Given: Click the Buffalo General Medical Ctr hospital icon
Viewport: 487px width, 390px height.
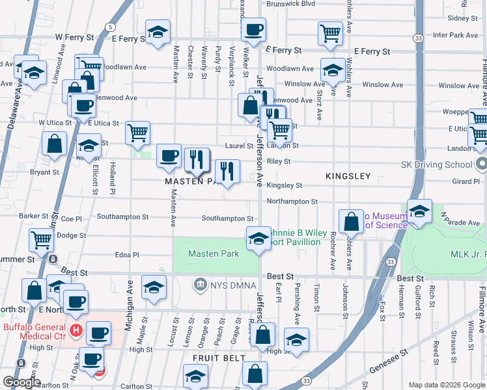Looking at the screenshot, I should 76,330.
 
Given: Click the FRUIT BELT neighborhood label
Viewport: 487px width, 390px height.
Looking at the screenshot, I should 218,358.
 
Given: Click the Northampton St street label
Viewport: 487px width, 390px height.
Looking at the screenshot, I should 292,202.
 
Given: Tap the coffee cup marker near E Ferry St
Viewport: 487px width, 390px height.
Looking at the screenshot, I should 254,29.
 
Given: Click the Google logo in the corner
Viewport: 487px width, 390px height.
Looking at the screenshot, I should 21,382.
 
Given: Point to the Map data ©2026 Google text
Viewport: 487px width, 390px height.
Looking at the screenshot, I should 447,385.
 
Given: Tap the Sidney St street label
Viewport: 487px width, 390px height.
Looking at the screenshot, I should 463,18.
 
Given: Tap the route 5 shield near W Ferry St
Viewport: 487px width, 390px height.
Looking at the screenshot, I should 111,27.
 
